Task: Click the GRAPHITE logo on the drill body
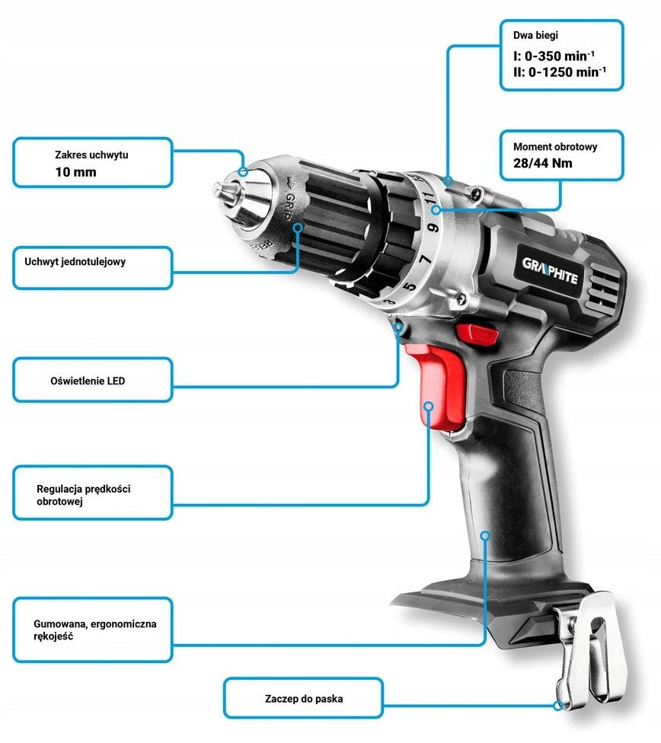click(x=550, y=270)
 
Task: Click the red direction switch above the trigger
click(x=477, y=333)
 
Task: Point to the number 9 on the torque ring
click(x=433, y=228)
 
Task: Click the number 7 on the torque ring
click(x=426, y=259)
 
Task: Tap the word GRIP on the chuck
click(x=288, y=206)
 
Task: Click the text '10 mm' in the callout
click(x=76, y=172)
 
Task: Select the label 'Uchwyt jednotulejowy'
click(x=75, y=262)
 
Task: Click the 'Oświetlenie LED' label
click(x=88, y=381)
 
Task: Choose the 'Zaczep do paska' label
click(x=304, y=698)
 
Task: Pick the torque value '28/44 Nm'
click(x=542, y=163)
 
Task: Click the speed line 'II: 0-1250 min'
click(x=560, y=72)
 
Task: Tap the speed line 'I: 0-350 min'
click(x=554, y=56)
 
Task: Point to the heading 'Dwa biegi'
click(x=535, y=35)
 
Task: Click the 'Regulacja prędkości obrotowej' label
click(x=84, y=495)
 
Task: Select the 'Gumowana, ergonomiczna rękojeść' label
click(x=95, y=630)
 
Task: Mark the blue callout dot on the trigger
click(x=429, y=406)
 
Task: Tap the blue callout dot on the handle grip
click(x=484, y=535)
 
